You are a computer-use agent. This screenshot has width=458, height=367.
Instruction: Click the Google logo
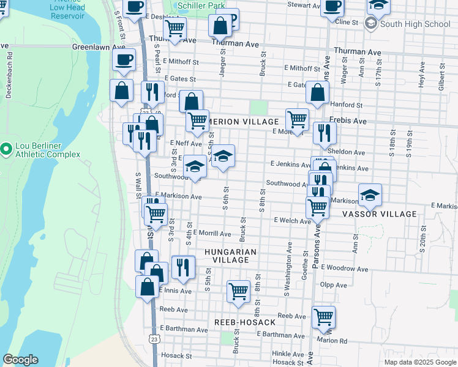pyautogui.click(x=20, y=360)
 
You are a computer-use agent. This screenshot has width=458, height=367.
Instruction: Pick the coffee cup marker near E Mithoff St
pyautogui.click(x=124, y=60)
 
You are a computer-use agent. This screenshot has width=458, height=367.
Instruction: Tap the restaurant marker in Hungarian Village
pyautogui.click(x=183, y=266)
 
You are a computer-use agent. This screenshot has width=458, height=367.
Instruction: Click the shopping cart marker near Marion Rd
pyautogui.click(x=323, y=317)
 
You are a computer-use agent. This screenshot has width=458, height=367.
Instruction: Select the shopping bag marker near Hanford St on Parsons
pyautogui.click(x=317, y=93)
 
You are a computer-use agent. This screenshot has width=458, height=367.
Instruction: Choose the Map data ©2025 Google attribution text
pyautogui.click(x=421, y=361)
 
